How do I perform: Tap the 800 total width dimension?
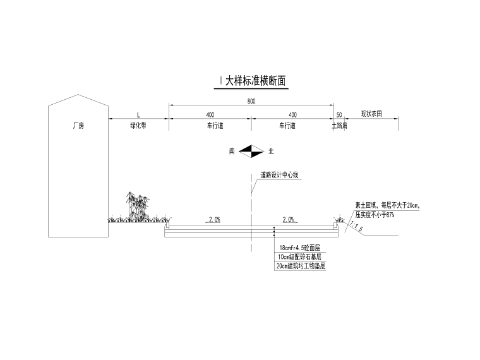point(251,101)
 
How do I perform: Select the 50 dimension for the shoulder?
point(339,115)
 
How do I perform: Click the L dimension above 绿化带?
point(138,115)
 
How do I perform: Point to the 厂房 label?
point(78,126)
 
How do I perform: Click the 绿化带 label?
point(138,126)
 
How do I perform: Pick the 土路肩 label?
point(340,126)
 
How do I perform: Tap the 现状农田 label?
point(371,115)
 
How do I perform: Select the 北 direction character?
point(271,151)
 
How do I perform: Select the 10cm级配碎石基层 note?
point(299,257)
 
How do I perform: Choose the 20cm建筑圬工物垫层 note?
point(301,267)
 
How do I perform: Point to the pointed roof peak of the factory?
point(78,95)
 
